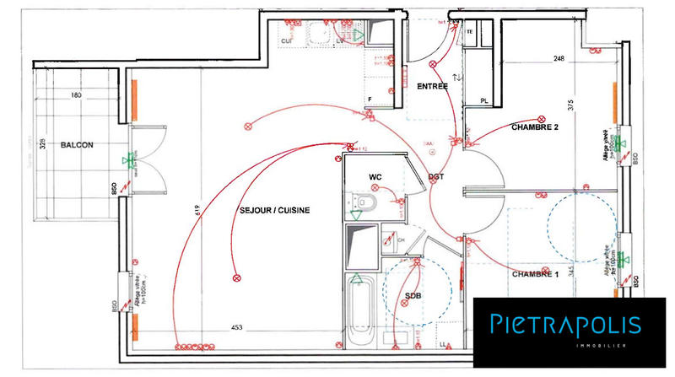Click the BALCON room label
tap(77, 145)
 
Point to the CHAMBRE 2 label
tap(535, 127)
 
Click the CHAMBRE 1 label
tap(535, 275)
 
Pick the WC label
tap(376, 176)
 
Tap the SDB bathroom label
tap(413, 296)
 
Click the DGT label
tap(436, 176)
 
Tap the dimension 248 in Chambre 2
tap(559, 59)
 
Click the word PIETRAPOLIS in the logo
tap(564, 325)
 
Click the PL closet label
tap(484, 101)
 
